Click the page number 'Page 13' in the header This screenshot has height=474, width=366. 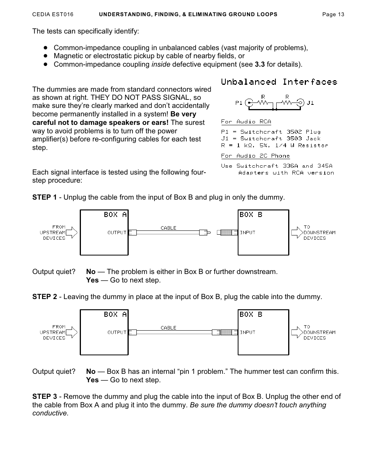pos(333,15)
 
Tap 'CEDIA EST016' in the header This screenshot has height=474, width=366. pos(53,15)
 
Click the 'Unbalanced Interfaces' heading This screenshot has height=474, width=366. pos(279,82)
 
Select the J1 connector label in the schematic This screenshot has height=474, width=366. pos(310,103)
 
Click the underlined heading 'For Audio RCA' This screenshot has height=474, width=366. pos(246,122)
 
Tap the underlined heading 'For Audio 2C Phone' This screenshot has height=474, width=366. pos(255,156)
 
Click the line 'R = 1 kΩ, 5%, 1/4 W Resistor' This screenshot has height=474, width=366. pos(274,146)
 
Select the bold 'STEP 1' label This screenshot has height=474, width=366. pos(44,197)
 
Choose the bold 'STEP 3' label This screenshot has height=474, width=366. pos(44,397)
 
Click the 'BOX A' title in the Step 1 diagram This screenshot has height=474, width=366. pos(115,215)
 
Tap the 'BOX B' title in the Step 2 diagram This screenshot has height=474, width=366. pos(251,314)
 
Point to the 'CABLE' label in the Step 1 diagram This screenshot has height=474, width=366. pos(168,228)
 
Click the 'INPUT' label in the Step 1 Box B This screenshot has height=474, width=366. pos(247,232)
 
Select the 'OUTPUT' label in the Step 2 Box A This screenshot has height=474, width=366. pos(117,332)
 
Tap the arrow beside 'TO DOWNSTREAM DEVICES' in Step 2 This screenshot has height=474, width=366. pos(297,332)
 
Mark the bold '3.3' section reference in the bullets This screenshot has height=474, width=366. pos(260,64)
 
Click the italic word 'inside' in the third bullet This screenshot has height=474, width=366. pos(161,64)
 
